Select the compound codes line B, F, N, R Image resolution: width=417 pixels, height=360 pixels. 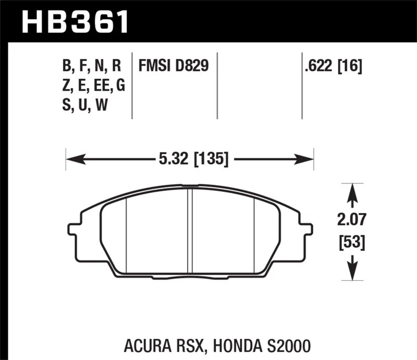(x=91, y=66)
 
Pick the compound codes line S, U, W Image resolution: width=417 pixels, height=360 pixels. (x=86, y=106)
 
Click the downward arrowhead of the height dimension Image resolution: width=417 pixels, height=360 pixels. (x=353, y=271)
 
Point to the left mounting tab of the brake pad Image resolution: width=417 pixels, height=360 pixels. (x=73, y=229)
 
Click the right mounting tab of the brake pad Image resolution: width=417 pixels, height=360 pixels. (x=308, y=229)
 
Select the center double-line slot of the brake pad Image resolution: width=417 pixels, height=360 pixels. (x=190, y=229)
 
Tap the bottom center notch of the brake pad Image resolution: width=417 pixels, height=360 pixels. (x=190, y=275)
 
